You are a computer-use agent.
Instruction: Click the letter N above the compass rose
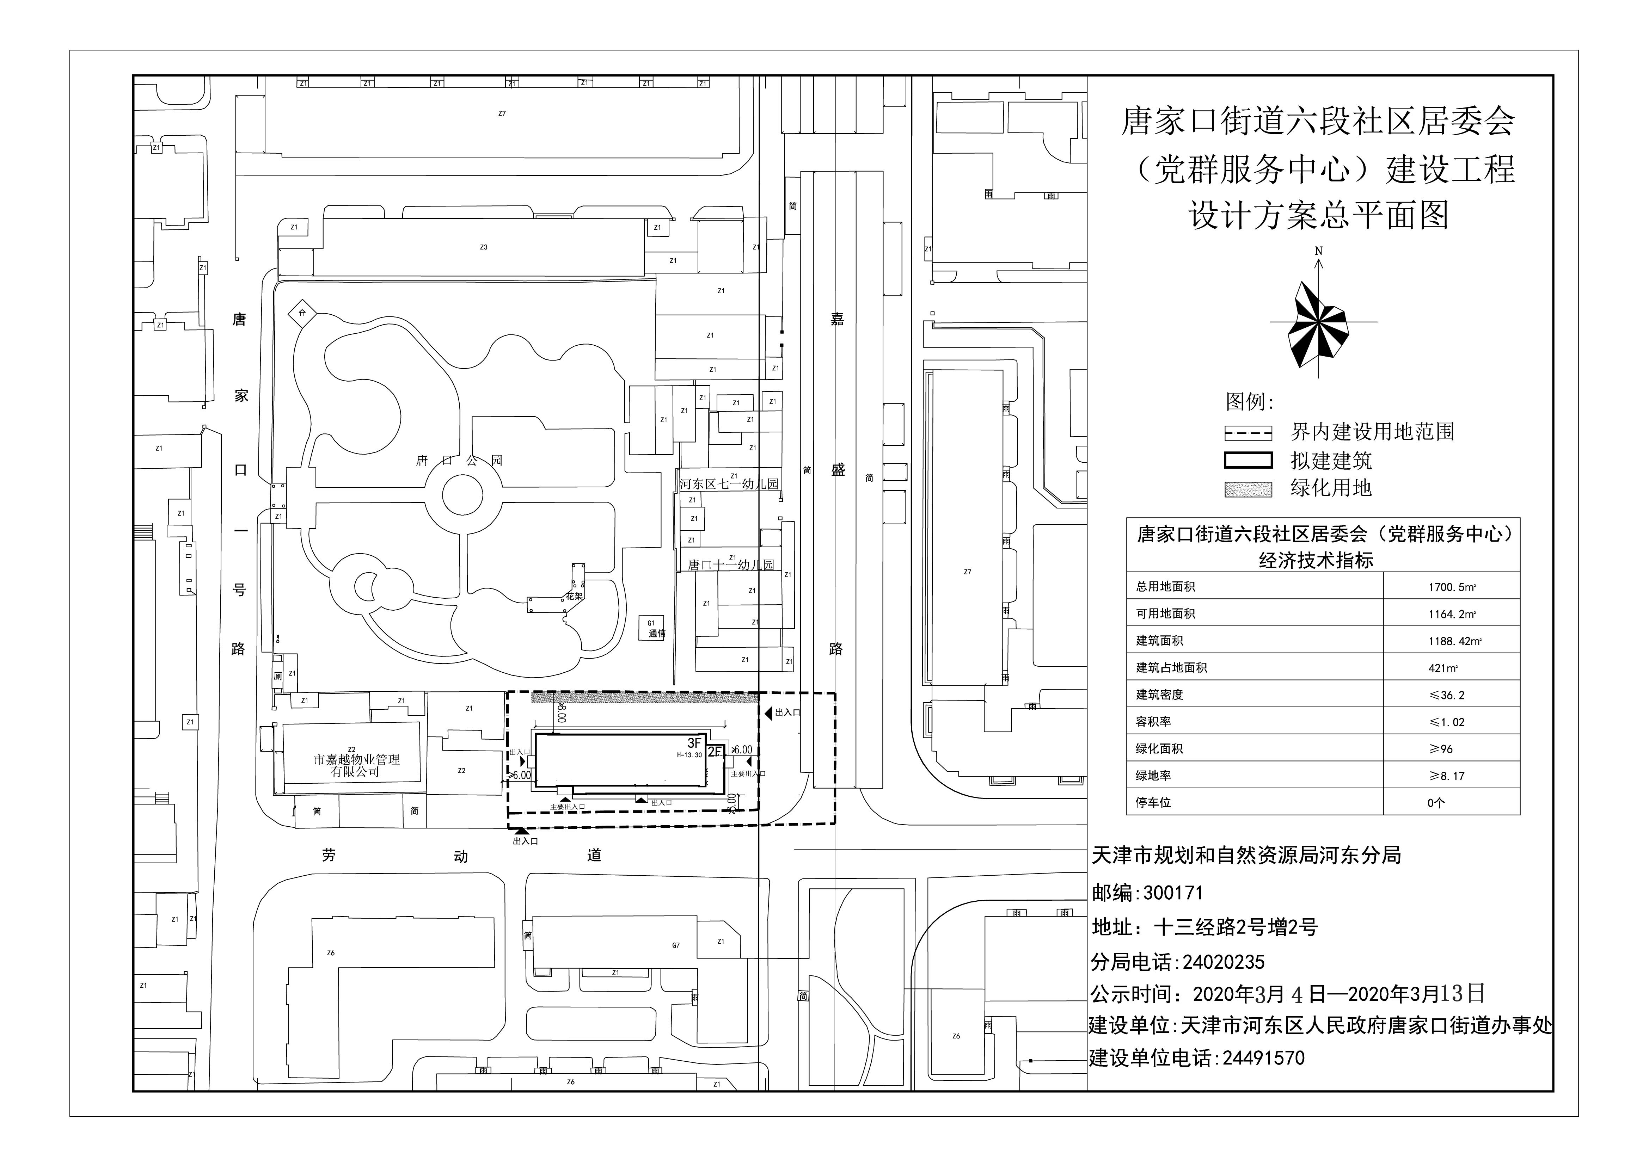click(1319, 251)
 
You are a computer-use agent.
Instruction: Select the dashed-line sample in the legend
click(1248, 433)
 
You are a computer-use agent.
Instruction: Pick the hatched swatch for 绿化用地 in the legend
click(1248, 490)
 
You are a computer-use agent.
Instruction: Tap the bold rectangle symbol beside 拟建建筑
click(1248, 461)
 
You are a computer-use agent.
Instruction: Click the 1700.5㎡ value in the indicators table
click(1451, 587)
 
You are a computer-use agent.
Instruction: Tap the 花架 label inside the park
click(574, 596)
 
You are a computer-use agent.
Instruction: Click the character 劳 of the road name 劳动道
click(329, 855)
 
